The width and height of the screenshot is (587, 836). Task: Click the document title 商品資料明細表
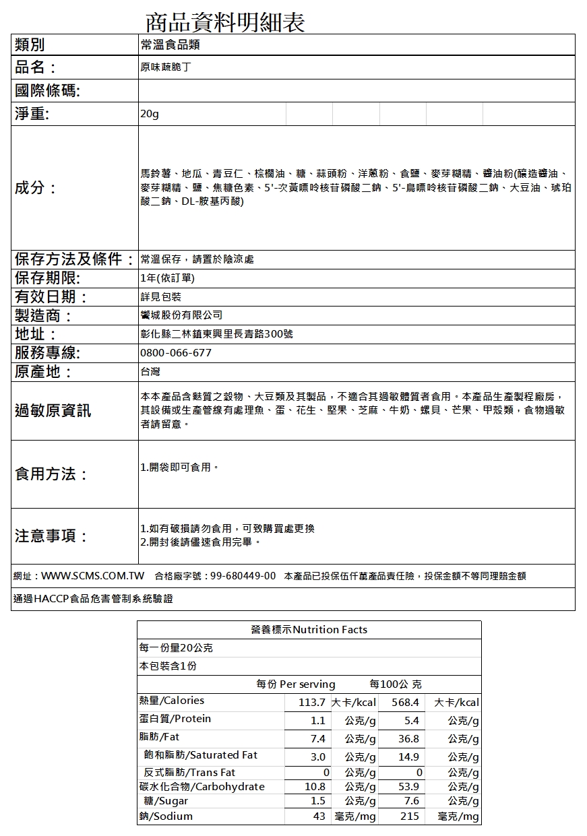tap(225, 22)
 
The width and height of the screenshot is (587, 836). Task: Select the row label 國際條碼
tap(47, 91)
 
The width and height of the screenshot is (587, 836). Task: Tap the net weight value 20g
tap(150, 115)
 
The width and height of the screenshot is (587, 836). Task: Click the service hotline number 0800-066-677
tap(176, 353)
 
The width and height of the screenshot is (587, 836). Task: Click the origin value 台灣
tap(150, 372)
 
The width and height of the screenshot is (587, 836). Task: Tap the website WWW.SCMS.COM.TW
tap(93, 576)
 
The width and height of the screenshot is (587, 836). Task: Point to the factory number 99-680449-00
tap(243, 576)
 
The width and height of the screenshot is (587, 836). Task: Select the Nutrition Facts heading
tap(309, 630)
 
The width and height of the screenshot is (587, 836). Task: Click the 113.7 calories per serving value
tap(312, 703)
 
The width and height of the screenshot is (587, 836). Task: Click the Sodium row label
tap(166, 816)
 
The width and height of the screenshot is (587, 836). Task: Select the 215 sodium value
tap(410, 816)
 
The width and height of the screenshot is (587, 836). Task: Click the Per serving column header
tap(296, 684)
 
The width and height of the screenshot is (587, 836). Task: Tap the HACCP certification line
tap(93, 599)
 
